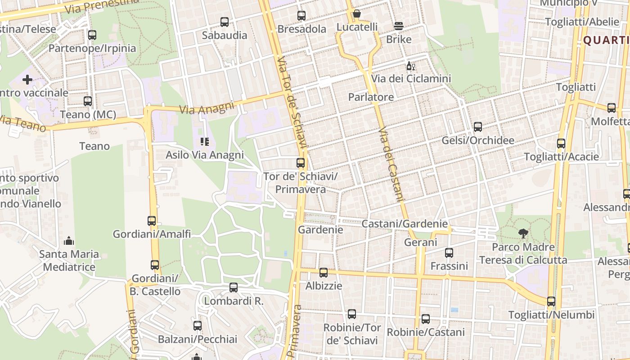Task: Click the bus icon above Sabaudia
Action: [224, 22]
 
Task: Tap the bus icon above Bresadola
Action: [301, 16]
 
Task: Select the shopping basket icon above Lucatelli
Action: [356, 14]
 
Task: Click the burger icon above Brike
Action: [399, 26]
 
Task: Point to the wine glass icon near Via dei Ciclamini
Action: [410, 66]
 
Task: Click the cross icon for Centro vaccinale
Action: [27, 80]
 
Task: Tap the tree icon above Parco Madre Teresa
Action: [523, 234]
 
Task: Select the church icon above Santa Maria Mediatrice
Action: [69, 241]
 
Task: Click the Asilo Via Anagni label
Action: [205, 155]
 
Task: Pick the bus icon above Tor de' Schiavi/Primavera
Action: [301, 163]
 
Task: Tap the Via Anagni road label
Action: [207, 108]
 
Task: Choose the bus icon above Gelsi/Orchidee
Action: [478, 127]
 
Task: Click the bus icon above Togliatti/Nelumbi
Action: [551, 301]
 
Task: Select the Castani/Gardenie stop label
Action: [405, 224]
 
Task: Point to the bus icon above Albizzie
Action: [324, 273]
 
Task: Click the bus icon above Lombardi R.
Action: [234, 288]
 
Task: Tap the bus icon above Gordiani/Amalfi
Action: [152, 221]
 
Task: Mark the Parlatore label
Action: [371, 97]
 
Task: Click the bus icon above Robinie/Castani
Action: [426, 319]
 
